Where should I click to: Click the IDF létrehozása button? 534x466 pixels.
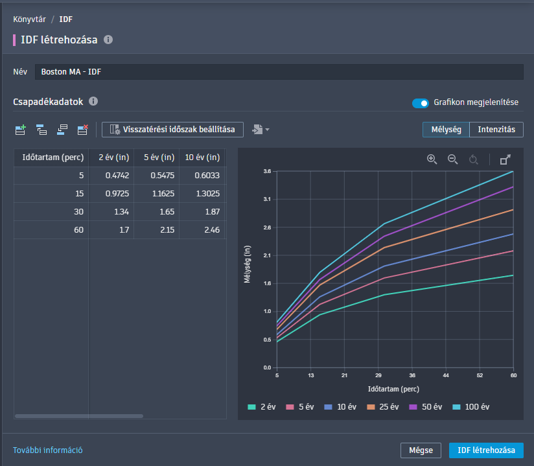tap(486, 450)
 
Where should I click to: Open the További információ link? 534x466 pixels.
tap(48, 450)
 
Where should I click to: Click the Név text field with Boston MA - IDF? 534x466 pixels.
tap(279, 72)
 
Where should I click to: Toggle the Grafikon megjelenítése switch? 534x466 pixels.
tap(421, 102)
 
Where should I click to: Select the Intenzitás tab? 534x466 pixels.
tap(496, 130)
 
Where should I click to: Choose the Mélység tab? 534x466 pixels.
tap(446, 130)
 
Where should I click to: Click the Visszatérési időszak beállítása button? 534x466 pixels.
tap(172, 130)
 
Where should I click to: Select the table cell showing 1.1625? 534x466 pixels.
tap(157, 194)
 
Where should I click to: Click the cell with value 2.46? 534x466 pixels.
tap(202, 230)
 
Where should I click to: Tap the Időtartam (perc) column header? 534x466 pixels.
tap(51, 157)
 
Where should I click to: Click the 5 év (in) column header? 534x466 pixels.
tap(157, 157)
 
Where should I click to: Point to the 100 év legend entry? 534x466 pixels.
tap(471, 407)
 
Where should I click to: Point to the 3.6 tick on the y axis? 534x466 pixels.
tap(267, 172)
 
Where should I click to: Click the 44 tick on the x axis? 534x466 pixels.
tap(446, 375)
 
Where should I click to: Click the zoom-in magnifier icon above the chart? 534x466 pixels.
tap(432, 159)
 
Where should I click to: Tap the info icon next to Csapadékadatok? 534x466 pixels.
tap(93, 102)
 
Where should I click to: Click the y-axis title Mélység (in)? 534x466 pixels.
tap(247, 269)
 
